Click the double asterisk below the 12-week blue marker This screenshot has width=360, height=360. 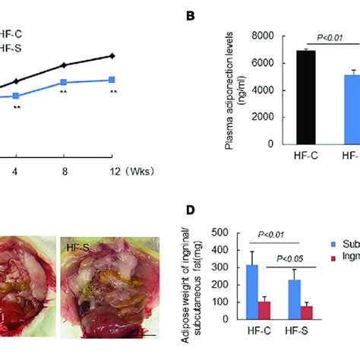[x=112, y=93]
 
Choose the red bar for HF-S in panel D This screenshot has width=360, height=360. [x=286, y=314]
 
